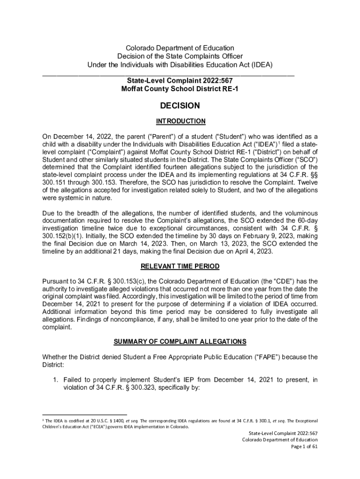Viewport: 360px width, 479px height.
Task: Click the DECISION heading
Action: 180,106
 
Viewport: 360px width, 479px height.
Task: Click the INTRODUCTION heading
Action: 180,121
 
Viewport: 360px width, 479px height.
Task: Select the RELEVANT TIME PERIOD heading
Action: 180,267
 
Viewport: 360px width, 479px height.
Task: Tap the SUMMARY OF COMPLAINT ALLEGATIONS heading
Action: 180,342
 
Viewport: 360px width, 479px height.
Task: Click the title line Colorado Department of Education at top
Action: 180,48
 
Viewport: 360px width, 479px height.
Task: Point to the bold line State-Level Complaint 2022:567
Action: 180,81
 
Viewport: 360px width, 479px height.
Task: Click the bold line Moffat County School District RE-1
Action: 180,89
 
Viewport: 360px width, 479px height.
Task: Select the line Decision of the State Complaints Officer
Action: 180,56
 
